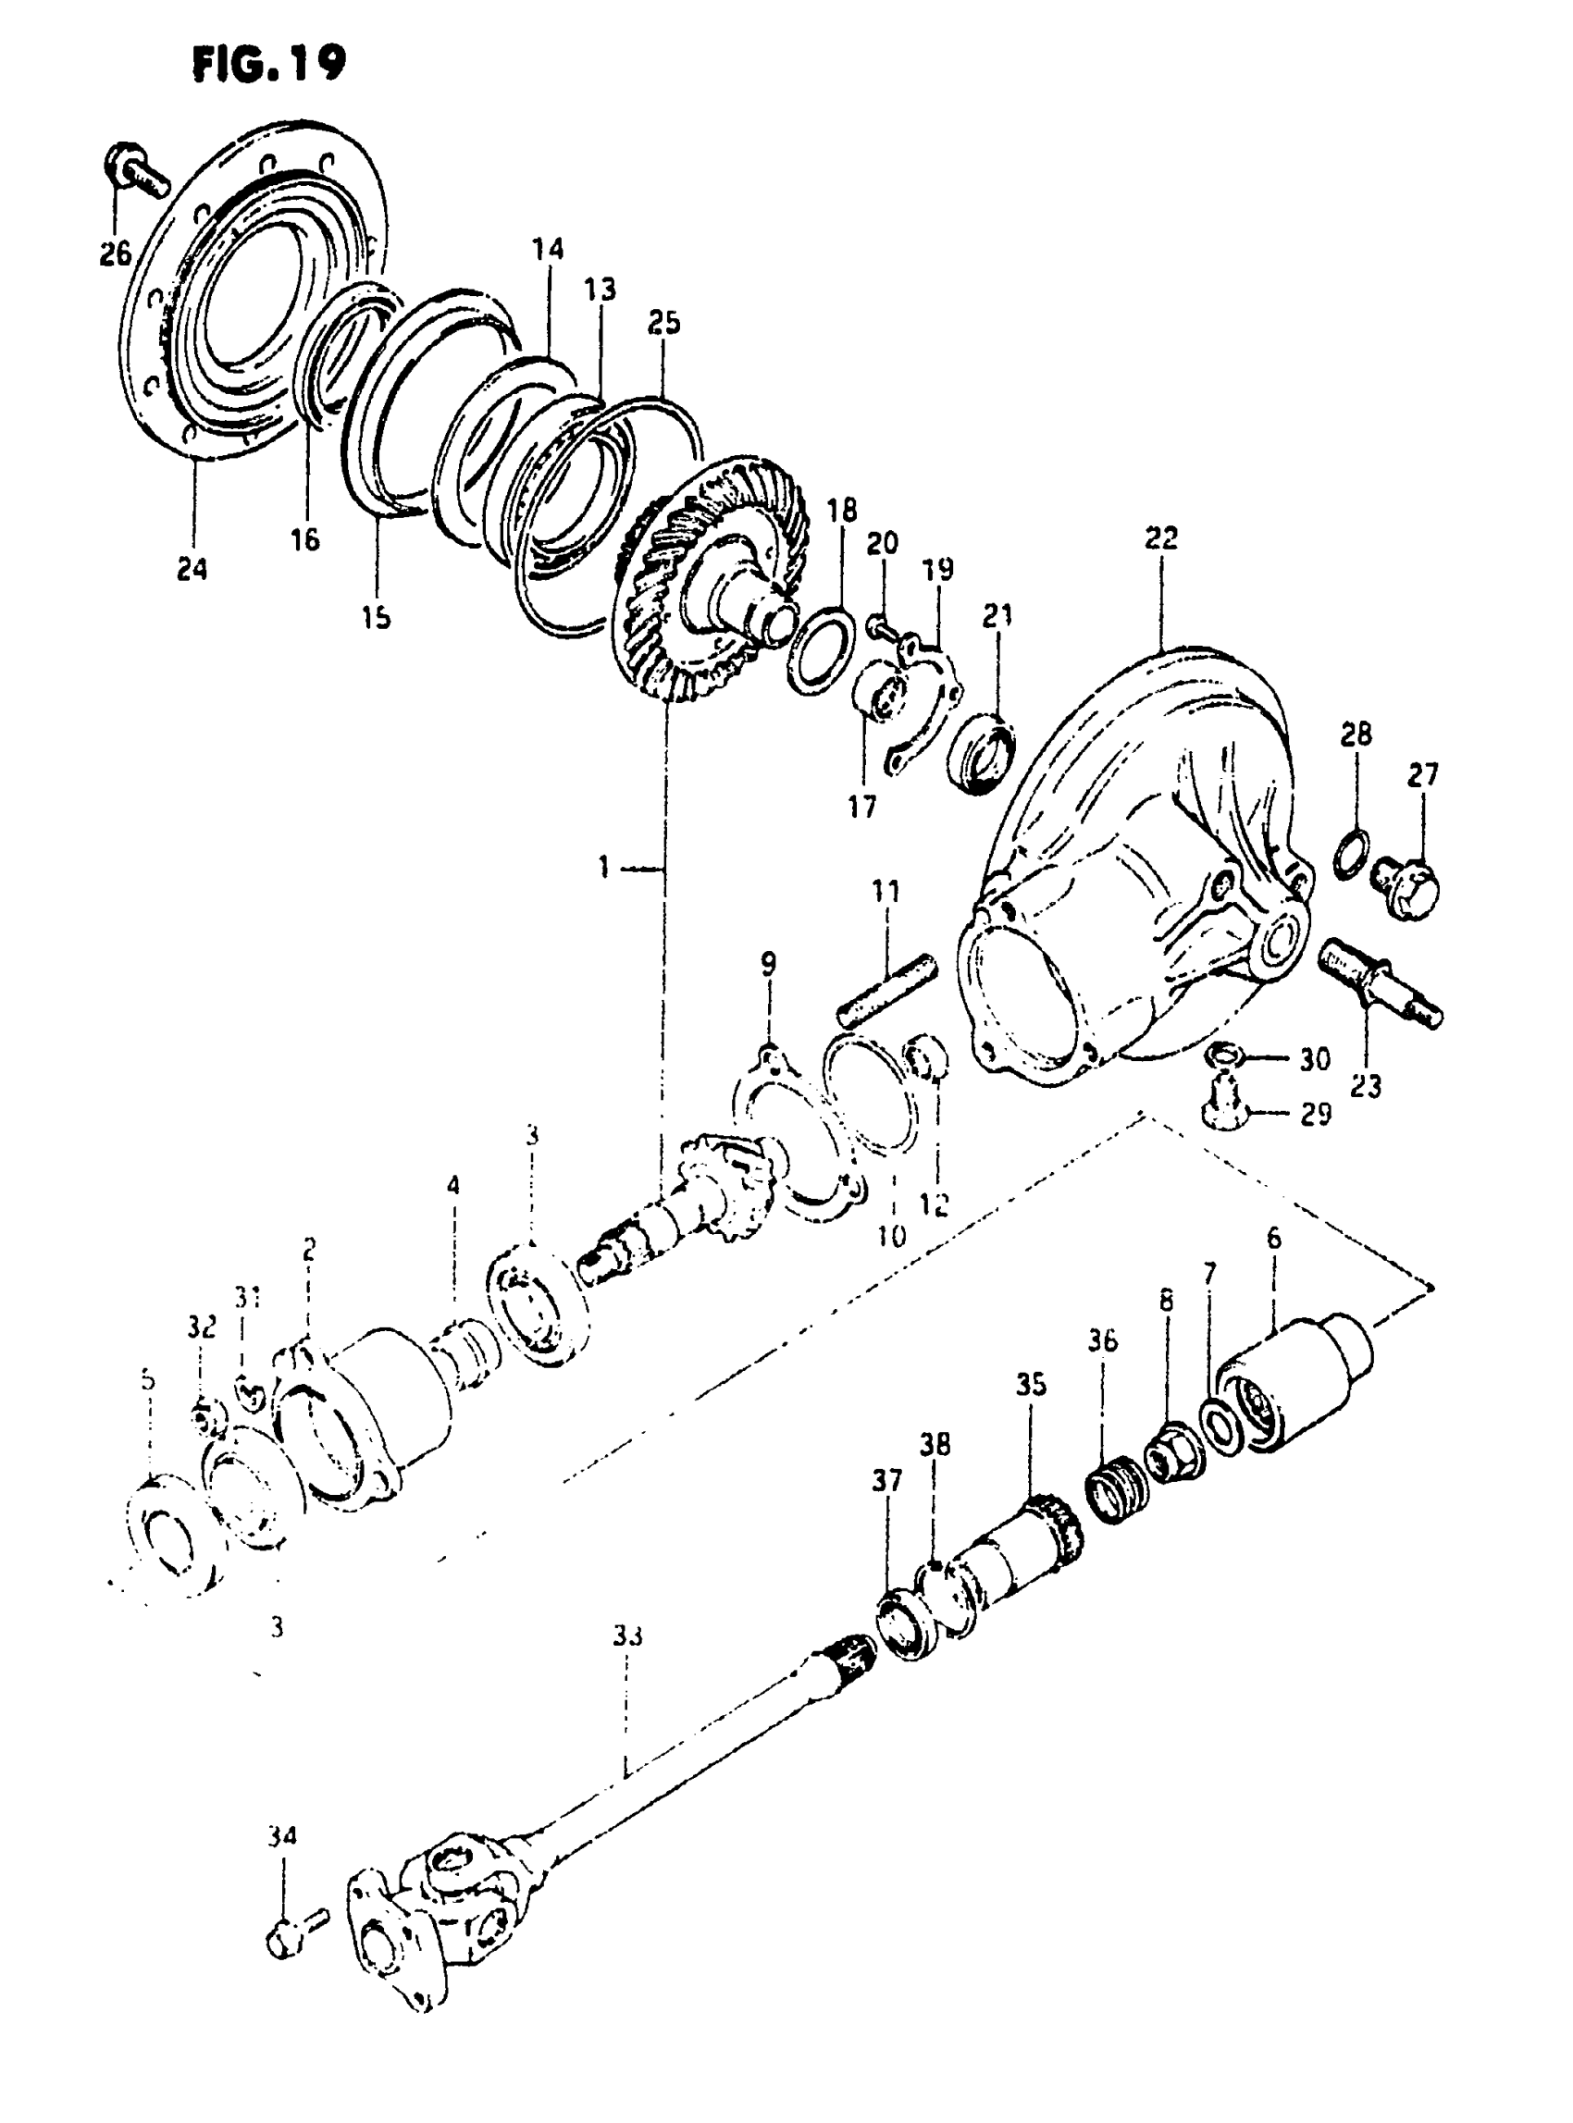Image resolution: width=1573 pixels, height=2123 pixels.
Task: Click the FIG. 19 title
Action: [268, 65]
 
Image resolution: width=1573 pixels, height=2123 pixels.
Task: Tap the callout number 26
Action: [116, 254]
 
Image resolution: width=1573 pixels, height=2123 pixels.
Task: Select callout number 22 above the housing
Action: [1160, 537]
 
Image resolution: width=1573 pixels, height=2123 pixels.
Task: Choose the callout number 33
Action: [627, 1635]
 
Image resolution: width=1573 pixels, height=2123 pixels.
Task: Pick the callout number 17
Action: [861, 807]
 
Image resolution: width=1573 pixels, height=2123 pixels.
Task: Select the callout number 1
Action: [603, 868]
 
